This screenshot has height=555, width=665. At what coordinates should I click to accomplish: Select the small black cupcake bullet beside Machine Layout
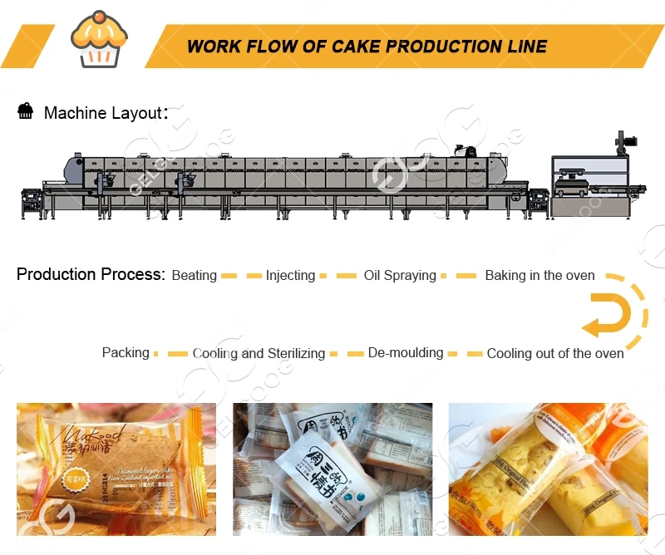pyautogui.click(x=26, y=111)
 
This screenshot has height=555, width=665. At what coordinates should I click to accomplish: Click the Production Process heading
pyautogui.click(x=91, y=275)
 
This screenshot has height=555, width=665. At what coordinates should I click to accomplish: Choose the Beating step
pyautogui.click(x=194, y=276)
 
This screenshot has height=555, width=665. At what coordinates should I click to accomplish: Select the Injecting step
pyautogui.click(x=290, y=276)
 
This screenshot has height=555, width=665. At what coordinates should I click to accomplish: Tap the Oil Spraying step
pyautogui.click(x=400, y=276)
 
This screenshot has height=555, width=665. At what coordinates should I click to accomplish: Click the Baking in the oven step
pyautogui.click(x=539, y=276)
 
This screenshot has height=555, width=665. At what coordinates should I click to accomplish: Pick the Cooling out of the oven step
pyautogui.click(x=555, y=353)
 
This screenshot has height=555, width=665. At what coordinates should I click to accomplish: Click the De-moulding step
pyautogui.click(x=406, y=352)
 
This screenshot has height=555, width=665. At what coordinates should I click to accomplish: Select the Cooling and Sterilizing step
pyautogui.click(x=259, y=353)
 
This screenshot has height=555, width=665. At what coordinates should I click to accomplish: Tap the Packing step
pyautogui.click(x=126, y=352)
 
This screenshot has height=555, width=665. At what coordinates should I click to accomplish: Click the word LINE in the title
pyautogui.click(x=528, y=47)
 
